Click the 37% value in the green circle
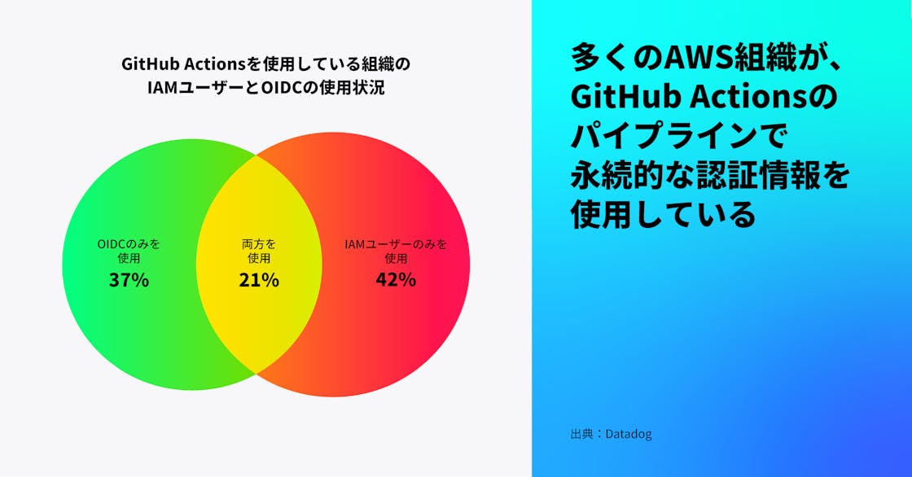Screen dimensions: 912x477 tap(129, 280)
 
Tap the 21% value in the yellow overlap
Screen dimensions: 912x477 tap(259, 280)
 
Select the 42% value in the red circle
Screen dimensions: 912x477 tap(396, 280)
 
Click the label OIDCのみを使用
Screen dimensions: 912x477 tap(129, 251)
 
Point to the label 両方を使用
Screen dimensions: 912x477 tap(259, 251)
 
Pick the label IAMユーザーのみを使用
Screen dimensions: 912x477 tap(396, 251)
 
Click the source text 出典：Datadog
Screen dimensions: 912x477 tap(611, 434)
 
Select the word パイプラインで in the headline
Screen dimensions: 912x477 tap(678, 136)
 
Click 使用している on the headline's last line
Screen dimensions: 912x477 tap(663, 214)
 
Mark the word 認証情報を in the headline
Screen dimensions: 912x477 tap(773, 175)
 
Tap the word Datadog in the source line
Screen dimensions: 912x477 tap(629, 434)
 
